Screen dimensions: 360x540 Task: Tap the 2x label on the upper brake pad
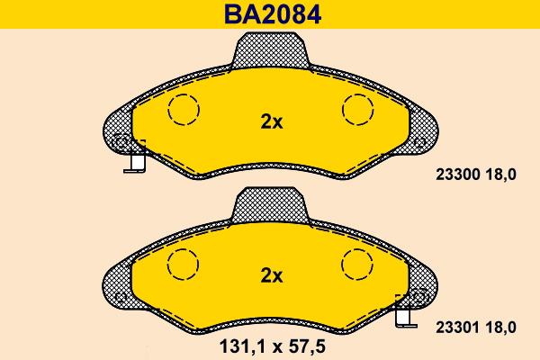271,123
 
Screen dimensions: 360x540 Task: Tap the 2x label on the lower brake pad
271,276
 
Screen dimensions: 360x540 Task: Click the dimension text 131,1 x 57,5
271,344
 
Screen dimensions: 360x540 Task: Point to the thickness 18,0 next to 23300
500,177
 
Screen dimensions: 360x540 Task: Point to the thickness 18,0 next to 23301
500,330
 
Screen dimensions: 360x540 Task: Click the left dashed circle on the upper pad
185,110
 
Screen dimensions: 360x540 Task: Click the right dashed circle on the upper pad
356,110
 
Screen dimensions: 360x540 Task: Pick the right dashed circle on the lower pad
356,263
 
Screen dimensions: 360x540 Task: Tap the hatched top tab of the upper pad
271,50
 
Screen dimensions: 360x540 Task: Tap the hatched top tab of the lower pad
271,206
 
